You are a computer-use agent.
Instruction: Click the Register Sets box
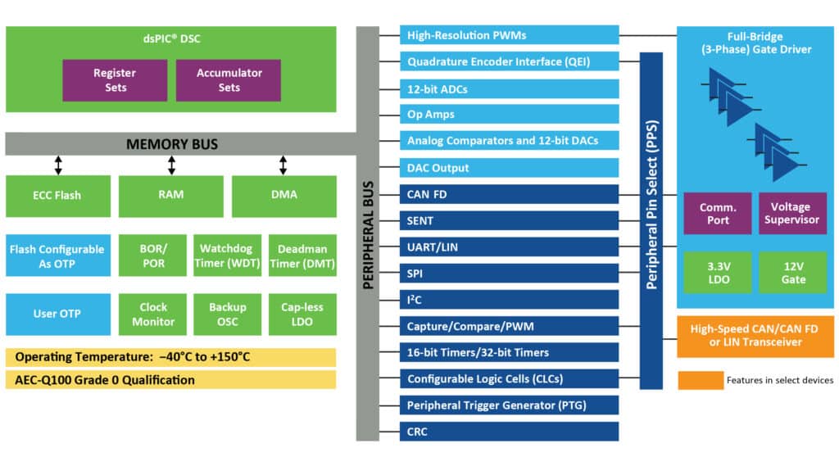(114, 80)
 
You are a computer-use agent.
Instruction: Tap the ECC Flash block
(57, 196)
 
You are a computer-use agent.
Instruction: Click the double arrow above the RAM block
(171, 165)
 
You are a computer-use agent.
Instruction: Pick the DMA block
(283, 196)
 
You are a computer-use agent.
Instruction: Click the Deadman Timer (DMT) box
(302, 256)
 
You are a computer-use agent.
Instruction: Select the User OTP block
(57, 314)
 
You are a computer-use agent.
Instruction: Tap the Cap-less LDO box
(302, 314)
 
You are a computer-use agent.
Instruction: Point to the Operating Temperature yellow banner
(170, 357)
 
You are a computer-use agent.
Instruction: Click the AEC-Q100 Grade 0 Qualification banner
(170, 380)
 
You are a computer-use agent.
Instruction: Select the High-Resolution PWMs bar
(509, 35)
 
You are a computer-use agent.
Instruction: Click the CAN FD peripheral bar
(509, 194)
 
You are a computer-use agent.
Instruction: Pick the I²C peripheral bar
(509, 300)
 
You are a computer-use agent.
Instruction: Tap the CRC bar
(509, 432)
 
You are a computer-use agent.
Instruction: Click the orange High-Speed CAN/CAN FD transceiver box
(754, 336)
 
